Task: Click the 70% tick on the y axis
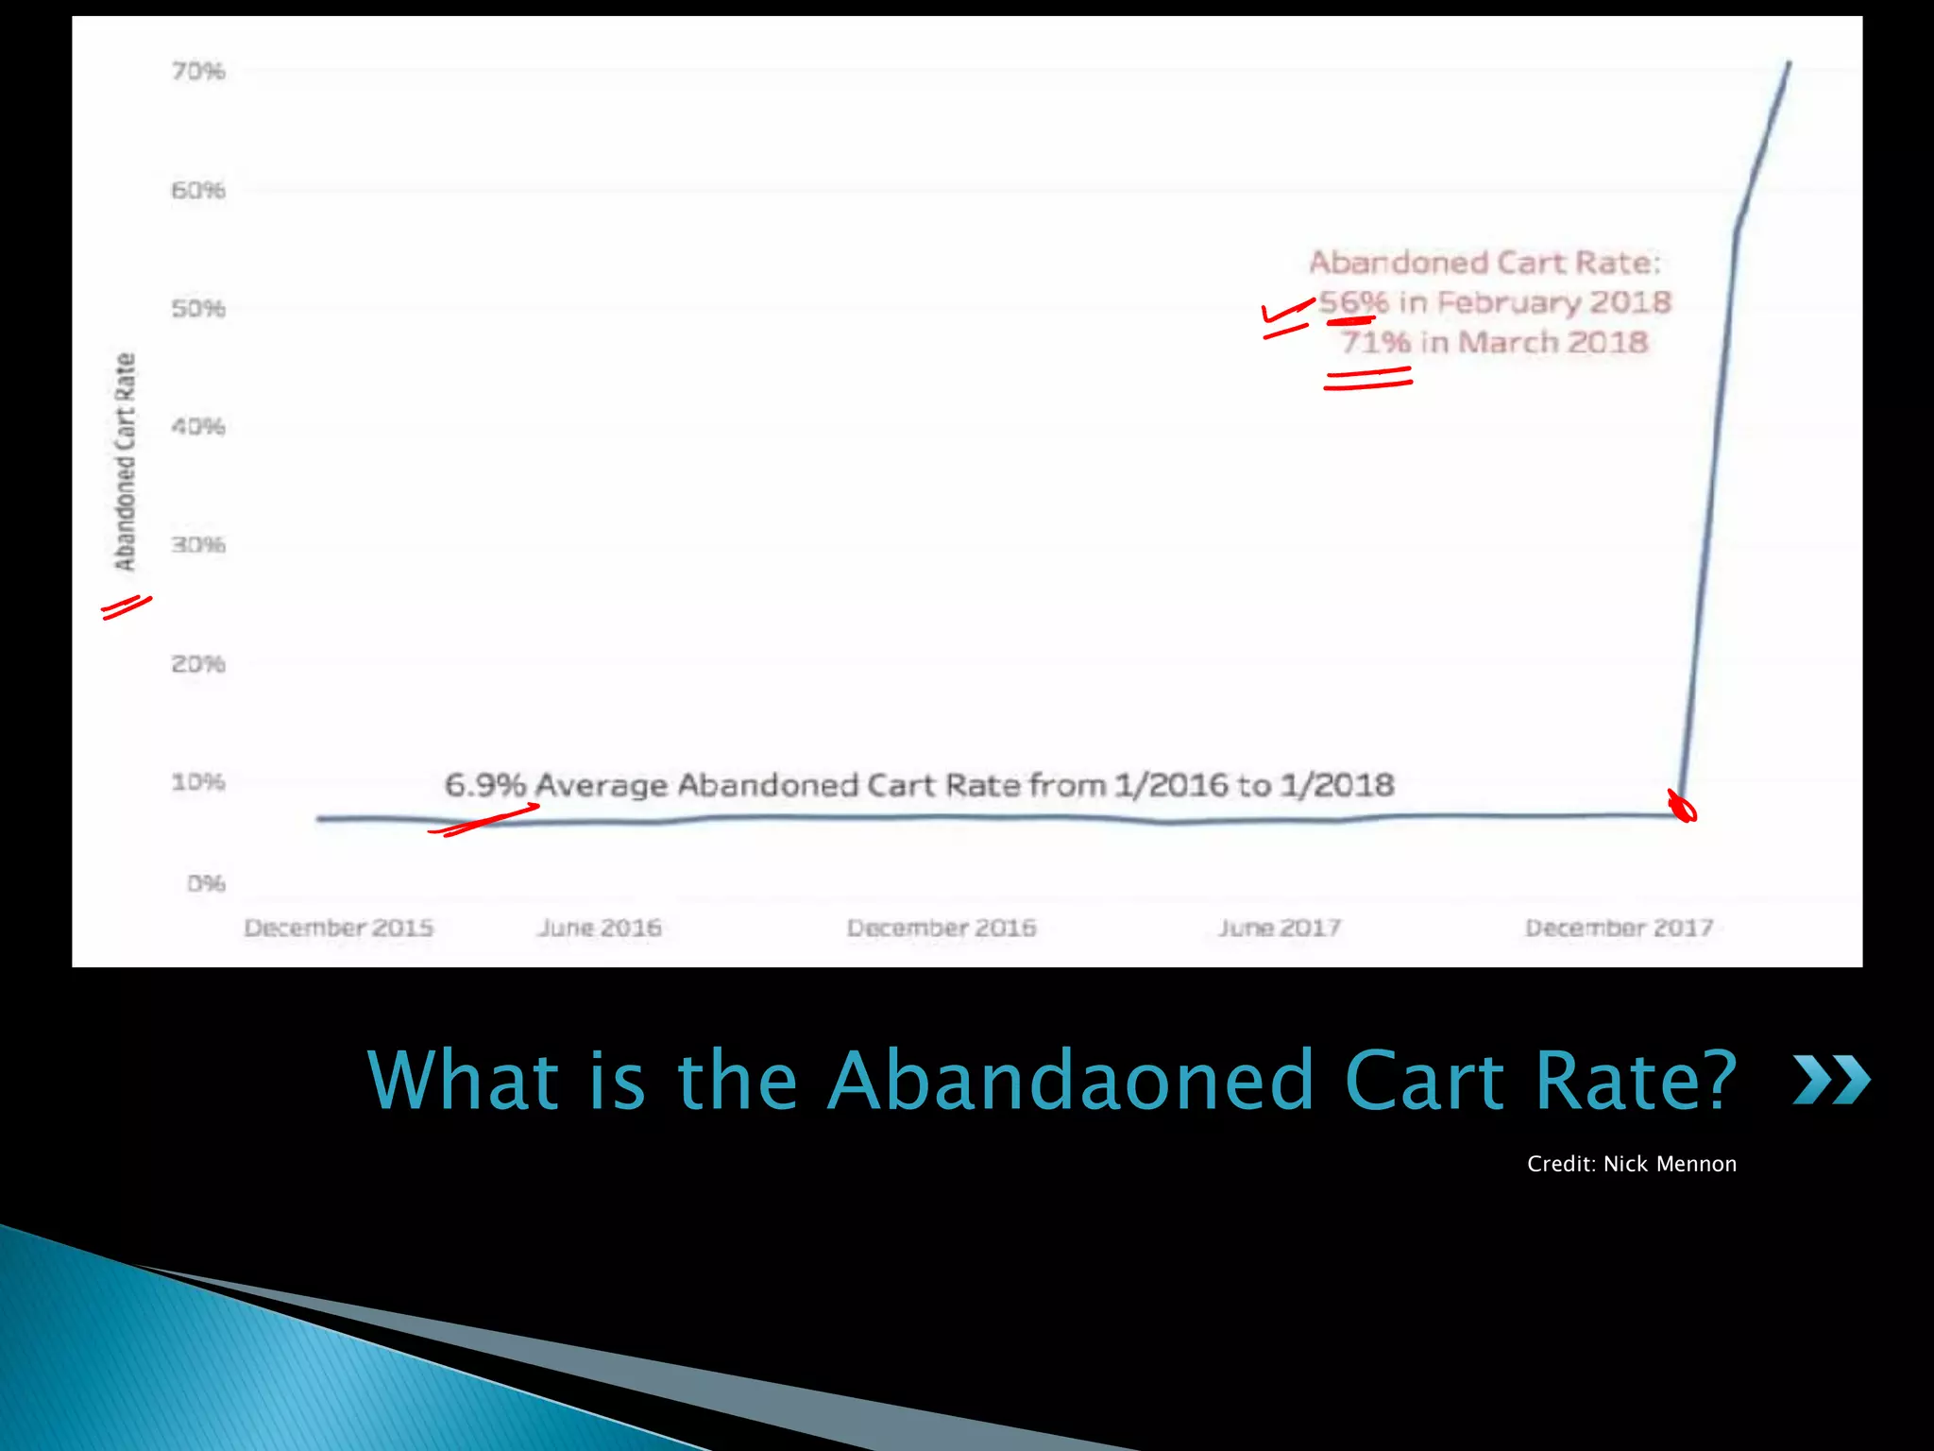(198, 72)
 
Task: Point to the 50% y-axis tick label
(198, 309)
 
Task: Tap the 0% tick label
(206, 884)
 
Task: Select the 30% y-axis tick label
(198, 545)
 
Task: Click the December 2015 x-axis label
(339, 928)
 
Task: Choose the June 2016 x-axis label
(600, 928)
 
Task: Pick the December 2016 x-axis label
(942, 928)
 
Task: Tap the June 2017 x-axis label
(1280, 928)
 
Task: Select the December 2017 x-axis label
(1620, 928)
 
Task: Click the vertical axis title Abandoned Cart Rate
(125, 462)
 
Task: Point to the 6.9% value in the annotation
(484, 785)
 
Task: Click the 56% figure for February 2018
(1353, 302)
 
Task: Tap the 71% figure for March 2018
(1375, 342)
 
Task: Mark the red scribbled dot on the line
(1682, 808)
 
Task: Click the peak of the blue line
(1789, 63)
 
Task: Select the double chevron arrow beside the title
(1831, 1080)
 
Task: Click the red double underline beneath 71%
(1367, 378)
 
